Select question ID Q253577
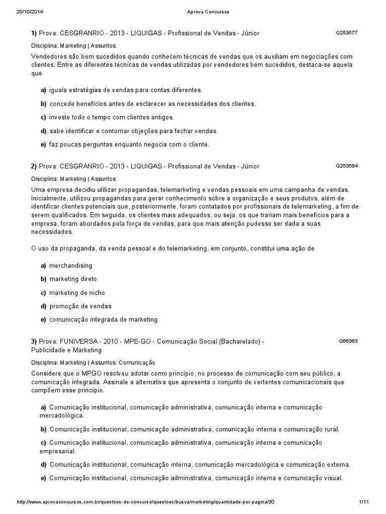346,33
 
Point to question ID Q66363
348,341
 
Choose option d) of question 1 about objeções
133,131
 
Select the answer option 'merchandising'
70,266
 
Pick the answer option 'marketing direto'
73,279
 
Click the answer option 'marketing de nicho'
77,293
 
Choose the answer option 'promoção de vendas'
80,306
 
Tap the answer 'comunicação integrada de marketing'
103,319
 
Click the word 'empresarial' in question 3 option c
57,451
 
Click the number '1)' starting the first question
34,33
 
